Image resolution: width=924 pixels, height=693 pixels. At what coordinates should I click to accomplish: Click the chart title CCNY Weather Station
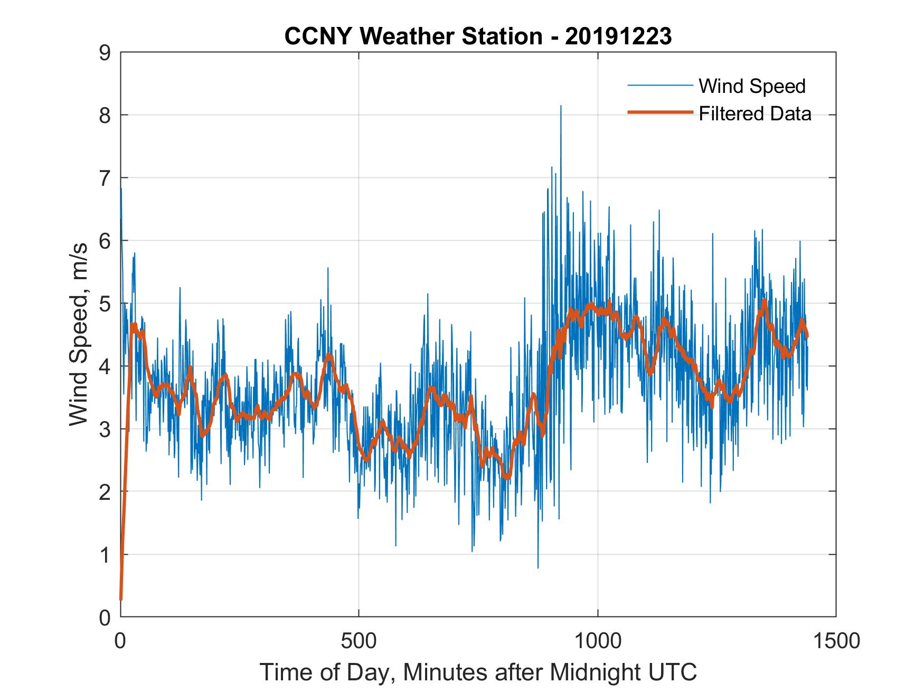[x=413, y=36]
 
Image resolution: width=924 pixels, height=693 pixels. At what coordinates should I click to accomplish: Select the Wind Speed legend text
[x=752, y=86]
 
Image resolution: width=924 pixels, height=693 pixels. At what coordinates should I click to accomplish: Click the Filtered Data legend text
[x=755, y=113]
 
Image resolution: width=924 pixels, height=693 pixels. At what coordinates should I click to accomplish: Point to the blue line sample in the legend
[x=659, y=86]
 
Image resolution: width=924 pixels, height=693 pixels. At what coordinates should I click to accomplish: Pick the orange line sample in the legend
[x=659, y=112]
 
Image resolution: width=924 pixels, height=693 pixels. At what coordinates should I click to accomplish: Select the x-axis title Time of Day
[x=478, y=672]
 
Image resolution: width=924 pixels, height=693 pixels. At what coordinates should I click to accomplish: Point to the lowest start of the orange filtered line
[x=121, y=599]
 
